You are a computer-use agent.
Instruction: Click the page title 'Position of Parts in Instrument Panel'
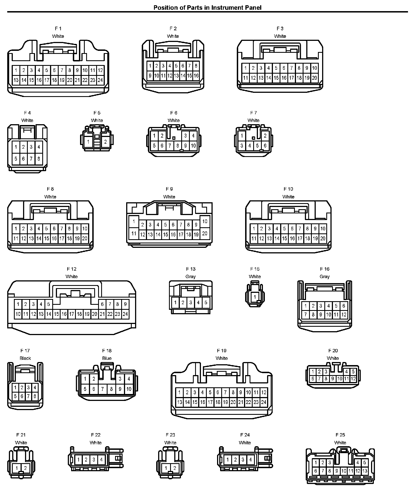coord(207,8)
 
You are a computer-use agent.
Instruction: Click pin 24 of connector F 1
coord(100,80)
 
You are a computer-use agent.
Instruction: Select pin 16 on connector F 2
coord(196,76)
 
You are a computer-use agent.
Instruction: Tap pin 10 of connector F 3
coord(314,68)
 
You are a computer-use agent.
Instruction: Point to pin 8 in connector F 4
coord(39,159)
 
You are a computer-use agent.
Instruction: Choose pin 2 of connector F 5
coord(105,142)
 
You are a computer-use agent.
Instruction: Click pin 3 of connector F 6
coord(185,136)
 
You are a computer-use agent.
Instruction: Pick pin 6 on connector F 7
coord(265,146)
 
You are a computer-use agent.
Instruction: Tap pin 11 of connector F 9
coord(134,233)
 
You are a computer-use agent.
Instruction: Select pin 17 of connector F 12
coord(72,314)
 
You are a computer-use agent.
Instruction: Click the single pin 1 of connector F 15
coord(255,297)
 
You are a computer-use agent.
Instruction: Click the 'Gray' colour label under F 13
coord(191,276)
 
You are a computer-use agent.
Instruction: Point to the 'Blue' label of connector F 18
coord(107,358)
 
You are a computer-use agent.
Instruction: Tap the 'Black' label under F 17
coord(25,358)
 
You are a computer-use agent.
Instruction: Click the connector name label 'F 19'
coord(222,351)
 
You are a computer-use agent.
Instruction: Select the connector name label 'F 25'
coord(340,435)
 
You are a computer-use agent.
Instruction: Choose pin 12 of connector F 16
coord(344,315)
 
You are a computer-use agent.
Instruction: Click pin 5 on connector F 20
coord(353,372)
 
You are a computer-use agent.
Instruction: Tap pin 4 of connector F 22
coord(101,460)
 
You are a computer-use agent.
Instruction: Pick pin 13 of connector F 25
coord(365,471)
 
